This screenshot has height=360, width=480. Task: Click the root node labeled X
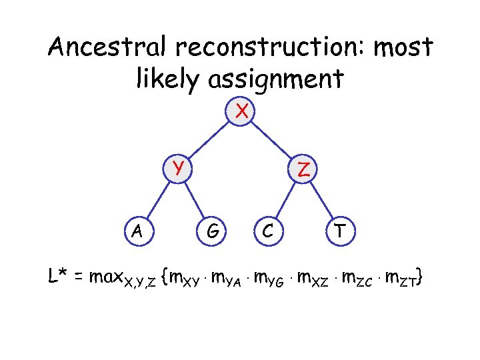point(241,111)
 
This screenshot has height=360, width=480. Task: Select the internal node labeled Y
point(178,167)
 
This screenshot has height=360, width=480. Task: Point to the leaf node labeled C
point(267,231)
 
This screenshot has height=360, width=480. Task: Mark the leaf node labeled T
point(340,231)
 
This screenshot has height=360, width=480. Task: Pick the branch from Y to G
point(197,200)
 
